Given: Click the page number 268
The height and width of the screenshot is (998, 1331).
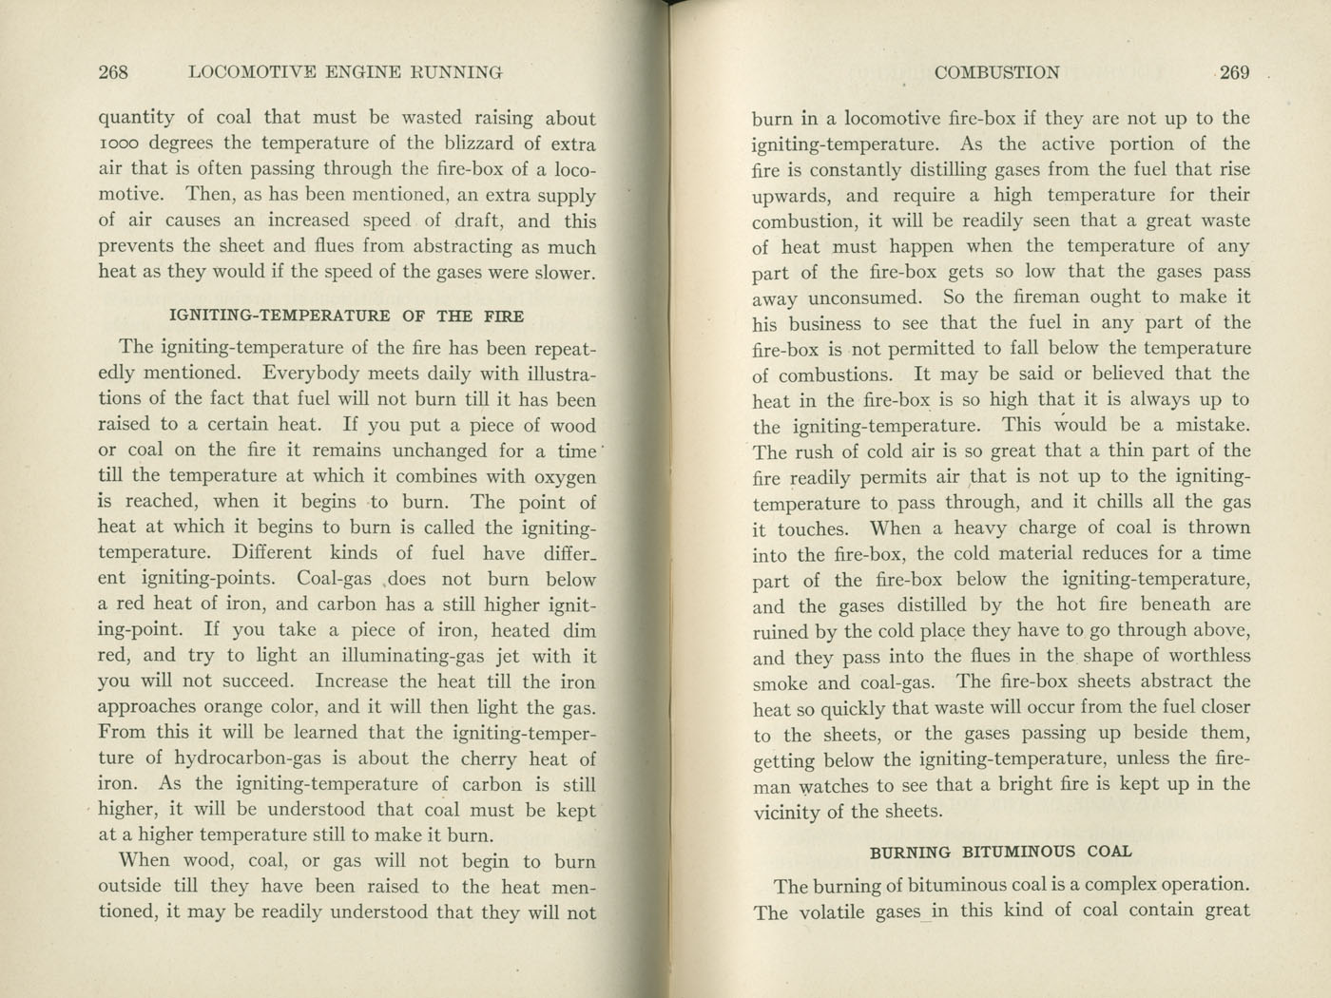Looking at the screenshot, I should click(113, 72).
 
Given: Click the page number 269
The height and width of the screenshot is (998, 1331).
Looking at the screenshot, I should click(1234, 72).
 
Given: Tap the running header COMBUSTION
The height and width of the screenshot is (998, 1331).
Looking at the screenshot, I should click(996, 72).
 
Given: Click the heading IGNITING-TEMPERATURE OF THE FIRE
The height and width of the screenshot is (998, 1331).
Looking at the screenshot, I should click(346, 316).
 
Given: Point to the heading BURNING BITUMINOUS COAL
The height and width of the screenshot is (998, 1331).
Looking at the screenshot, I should click(1001, 852).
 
